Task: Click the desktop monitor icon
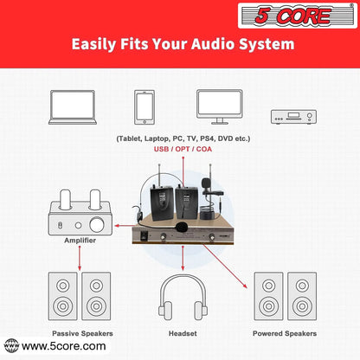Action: [x=217, y=106]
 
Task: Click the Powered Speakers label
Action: [x=284, y=332]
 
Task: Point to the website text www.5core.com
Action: [x=64, y=346]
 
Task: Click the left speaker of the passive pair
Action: [x=65, y=295]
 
